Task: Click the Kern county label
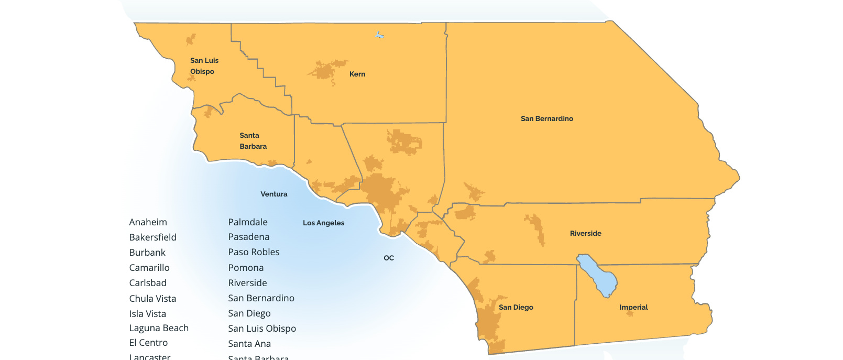click(357, 74)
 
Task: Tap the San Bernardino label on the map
click(546, 119)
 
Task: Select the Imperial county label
click(633, 308)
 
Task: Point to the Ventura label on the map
click(274, 194)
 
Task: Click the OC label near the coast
click(389, 258)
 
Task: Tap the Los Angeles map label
click(323, 223)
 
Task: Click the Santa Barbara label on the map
click(253, 141)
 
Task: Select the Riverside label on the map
click(585, 234)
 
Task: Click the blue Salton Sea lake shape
click(597, 275)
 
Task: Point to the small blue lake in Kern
click(379, 35)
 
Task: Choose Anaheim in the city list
click(148, 222)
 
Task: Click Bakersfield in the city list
click(153, 237)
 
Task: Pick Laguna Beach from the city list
click(159, 328)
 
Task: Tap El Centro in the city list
click(148, 343)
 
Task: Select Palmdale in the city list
click(248, 222)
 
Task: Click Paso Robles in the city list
click(254, 252)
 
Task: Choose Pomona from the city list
click(246, 268)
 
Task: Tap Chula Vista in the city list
click(152, 299)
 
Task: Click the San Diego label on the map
click(516, 308)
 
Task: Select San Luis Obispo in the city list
click(262, 329)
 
